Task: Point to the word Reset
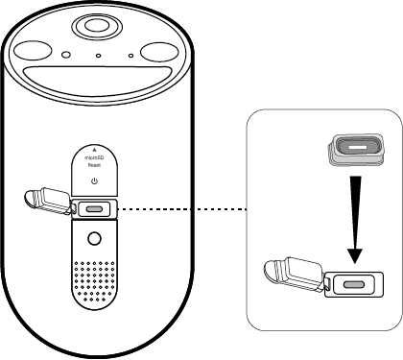click(x=94, y=166)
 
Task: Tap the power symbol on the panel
click(x=94, y=180)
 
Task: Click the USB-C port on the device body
click(x=94, y=208)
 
